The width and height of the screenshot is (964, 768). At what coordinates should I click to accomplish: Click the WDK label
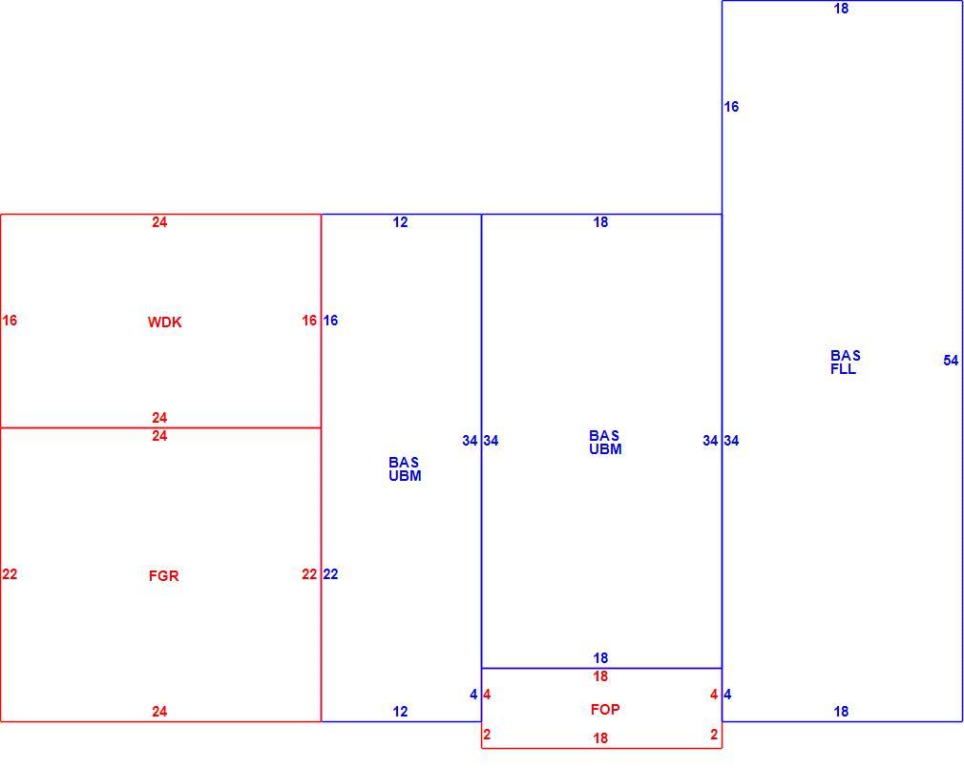[x=165, y=322]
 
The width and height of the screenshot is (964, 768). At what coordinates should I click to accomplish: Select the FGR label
[x=163, y=575]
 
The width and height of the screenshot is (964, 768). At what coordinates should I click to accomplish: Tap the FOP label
[x=605, y=709]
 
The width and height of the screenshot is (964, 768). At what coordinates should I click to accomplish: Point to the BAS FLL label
[x=846, y=362]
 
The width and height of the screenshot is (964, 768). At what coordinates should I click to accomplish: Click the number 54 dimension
[x=951, y=360]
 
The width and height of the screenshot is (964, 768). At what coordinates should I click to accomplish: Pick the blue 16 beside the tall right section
[x=731, y=106]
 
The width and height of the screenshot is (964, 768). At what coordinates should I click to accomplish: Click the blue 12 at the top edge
[x=400, y=221]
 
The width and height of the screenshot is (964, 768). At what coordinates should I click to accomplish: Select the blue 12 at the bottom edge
[x=400, y=711]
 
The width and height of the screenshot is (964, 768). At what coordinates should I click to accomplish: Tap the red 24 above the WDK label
[x=159, y=221]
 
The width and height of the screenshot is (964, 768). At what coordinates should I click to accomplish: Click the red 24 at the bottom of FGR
[x=159, y=711]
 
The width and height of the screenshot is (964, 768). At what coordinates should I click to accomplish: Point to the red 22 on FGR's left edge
[x=10, y=573]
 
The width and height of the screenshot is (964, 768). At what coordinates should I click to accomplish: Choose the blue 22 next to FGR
[x=330, y=573]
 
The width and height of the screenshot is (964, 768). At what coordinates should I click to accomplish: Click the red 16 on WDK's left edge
[x=10, y=321]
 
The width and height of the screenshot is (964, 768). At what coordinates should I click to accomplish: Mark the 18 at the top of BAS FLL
[x=841, y=8]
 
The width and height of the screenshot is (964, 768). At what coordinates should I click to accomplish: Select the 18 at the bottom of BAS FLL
[x=841, y=711]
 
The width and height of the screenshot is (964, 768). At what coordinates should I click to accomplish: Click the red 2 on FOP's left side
[x=487, y=735]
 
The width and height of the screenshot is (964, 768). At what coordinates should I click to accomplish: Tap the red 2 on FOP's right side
[x=714, y=735]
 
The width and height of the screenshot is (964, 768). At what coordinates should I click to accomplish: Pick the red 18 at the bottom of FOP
[x=600, y=737]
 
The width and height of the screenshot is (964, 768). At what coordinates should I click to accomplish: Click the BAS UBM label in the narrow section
[x=405, y=468]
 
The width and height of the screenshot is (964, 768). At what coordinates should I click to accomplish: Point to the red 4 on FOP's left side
[x=487, y=695]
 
